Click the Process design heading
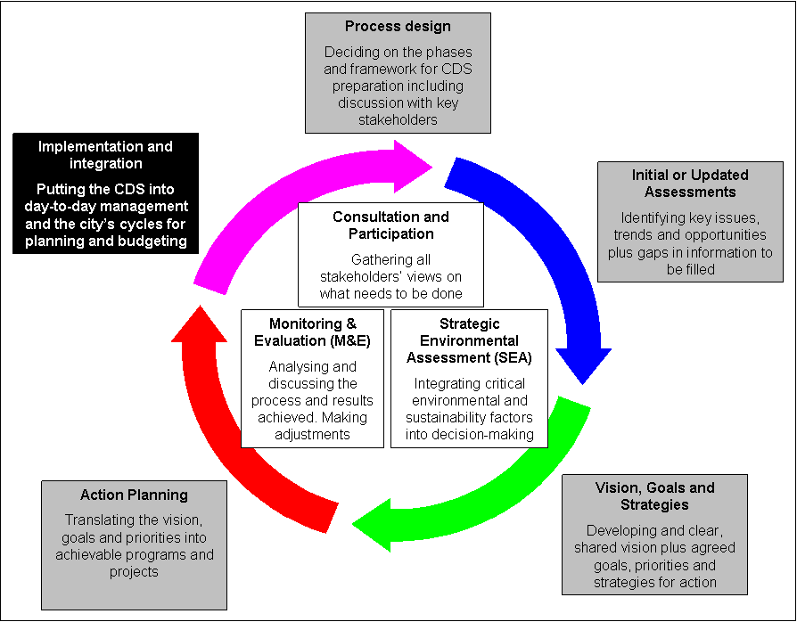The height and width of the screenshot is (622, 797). [x=398, y=27]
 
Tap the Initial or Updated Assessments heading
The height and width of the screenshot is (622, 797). [x=685, y=184]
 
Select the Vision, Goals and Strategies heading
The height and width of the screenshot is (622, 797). [x=654, y=496]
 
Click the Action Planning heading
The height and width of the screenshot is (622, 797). [x=134, y=495]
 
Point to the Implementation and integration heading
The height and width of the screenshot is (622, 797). [x=105, y=155]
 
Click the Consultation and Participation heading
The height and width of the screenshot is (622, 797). [x=390, y=225]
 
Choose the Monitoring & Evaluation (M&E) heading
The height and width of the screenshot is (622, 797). [x=312, y=332]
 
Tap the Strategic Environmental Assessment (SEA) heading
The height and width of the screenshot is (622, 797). [x=469, y=341]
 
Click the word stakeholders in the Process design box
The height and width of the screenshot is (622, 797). [x=398, y=119]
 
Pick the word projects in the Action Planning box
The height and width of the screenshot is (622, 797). [x=134, y=572]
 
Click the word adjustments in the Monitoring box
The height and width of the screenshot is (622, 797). [x=312, y=434]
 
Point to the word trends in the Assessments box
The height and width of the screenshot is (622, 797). [x=632, y=235]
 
